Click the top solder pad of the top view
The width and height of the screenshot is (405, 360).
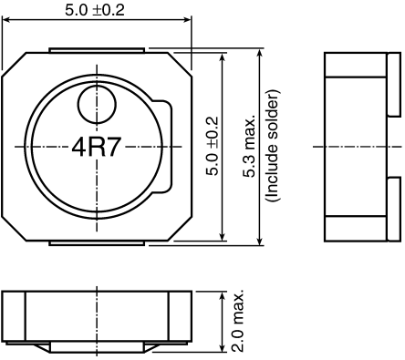point(96,49)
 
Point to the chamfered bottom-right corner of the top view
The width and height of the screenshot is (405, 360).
point(179,230)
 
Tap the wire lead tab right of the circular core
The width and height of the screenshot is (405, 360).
point(166,147)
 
